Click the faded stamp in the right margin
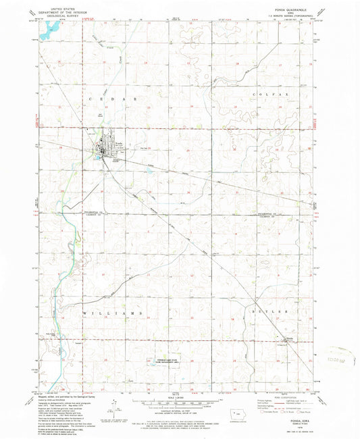(x=341, y=353)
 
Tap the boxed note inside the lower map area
(x=160, y=361)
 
